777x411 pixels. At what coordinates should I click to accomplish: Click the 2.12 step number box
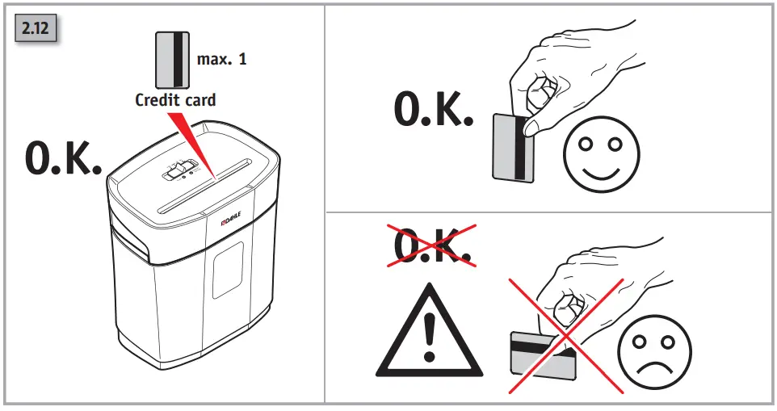click(x=35, y=30)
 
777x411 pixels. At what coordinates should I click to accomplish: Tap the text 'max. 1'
click(x=221, y=60)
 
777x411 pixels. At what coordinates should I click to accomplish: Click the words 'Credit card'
click(x=175, y=100)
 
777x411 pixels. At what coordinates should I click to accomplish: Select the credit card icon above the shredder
click(x=171, y=60)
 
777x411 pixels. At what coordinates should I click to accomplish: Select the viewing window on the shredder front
click(x=228, y=269)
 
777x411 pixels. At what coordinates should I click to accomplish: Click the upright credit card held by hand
click(x=513, y=147)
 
